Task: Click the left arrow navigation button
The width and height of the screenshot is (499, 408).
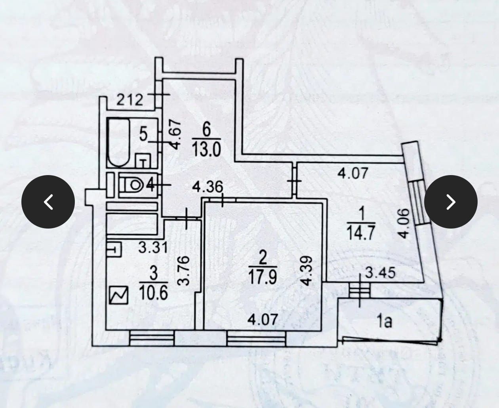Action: (x=48, y=202)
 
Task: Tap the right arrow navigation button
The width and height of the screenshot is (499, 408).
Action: (x=451, y=202)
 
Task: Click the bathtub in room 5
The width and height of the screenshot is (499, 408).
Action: (x=119, y=143)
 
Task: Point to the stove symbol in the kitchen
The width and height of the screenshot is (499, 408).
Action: (x=118, y=296)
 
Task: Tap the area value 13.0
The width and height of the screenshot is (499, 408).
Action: (x=206, y=150)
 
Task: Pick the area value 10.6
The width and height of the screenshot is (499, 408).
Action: (x=154, y=293)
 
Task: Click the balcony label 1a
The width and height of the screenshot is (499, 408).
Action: (x=384, y=321)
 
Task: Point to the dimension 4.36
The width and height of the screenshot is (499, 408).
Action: (x=207, y=187)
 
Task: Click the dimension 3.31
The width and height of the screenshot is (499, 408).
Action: (x=153, y=248)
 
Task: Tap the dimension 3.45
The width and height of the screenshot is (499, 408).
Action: (x=380, y=273)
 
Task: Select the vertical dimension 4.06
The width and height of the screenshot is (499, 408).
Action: (x=403, y=224)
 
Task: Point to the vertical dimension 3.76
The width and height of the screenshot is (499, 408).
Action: (x=184, y=271)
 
